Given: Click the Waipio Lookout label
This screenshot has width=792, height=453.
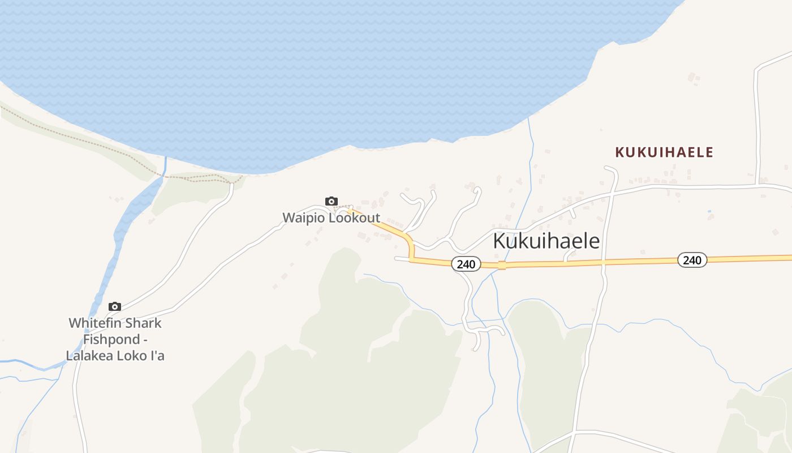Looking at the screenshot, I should click(331, 218).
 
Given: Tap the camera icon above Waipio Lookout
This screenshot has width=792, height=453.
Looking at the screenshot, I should click(332, 201).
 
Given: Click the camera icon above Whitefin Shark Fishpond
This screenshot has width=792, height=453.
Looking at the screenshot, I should click(115, 306).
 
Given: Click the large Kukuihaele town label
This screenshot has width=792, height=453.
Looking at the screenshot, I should click(546, 241).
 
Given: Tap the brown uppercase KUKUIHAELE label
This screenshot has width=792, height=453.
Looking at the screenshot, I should click(664, 152).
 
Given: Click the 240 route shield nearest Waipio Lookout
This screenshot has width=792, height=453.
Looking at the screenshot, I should click(466, 264).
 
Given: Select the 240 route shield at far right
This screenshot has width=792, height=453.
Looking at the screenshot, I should click(692, 260).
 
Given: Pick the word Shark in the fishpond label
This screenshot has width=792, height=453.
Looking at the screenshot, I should click(141, 323).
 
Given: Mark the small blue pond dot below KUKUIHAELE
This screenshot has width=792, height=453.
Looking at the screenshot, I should click(709, 212).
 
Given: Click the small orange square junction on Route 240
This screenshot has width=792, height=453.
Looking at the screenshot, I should click(501, 265).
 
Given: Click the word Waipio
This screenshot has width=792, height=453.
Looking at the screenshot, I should click(304, 218).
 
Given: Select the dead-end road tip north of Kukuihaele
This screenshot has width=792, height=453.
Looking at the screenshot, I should click(607, 168).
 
